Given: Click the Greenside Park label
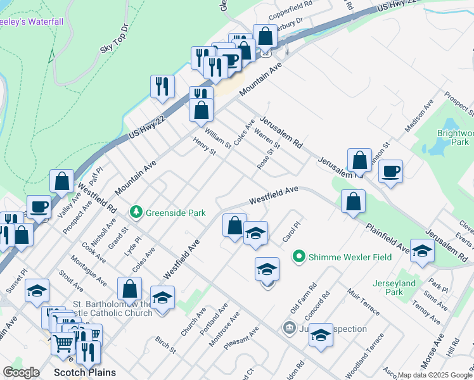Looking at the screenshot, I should click(176, 213).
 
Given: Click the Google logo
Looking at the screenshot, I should click(22, 372).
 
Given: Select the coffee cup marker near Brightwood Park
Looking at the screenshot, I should click(390, 172).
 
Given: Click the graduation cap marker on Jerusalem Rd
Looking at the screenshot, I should click(422, 251).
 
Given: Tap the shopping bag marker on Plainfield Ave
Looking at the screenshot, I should click(353, 202).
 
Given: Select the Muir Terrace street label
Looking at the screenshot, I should click(362, 301).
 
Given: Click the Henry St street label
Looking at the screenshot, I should click(205, 147).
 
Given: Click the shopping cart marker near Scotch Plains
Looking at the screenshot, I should click(63, 344).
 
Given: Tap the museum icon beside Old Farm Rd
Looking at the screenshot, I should click(289, 328).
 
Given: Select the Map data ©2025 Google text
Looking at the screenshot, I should click(434, 374).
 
